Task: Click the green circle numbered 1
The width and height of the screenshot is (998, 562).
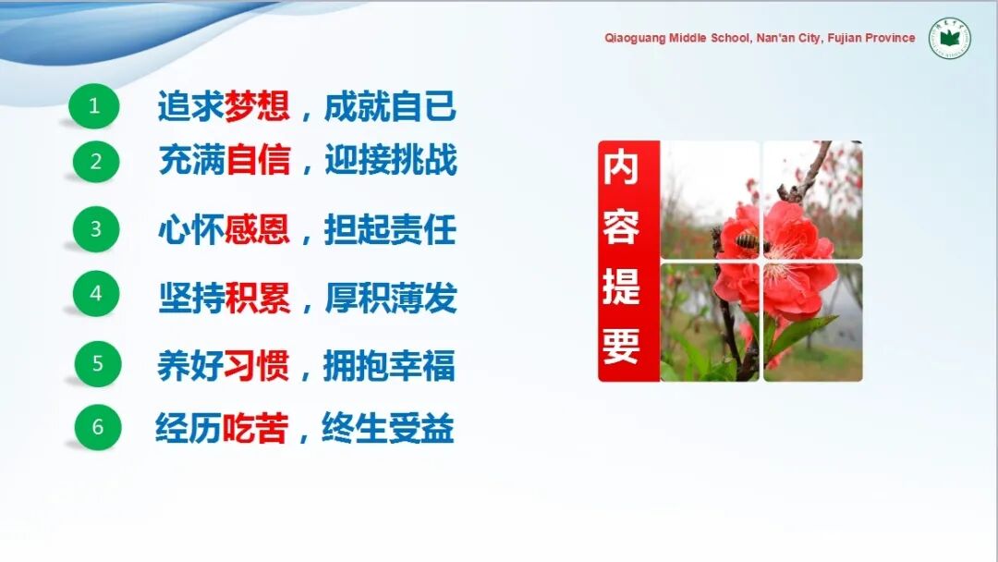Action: click(x=94, y=105)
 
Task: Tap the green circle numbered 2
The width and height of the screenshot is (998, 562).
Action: click(x=95, y=162)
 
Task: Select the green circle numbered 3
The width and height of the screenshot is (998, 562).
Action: click(x=96, y=229)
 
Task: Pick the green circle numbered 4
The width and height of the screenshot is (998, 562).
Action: click(x=96, y=293)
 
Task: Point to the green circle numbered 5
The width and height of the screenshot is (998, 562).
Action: click(x=98, y=363)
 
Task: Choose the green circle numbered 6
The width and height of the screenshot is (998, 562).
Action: click(x=98, y=427)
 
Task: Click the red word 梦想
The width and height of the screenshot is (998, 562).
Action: click(x=257, y=105)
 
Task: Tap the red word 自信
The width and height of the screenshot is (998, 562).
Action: click(x=259, y=159)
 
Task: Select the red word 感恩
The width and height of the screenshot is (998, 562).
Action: click(x=257, y=229)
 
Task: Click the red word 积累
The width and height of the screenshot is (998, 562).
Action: click(x=258, y=298)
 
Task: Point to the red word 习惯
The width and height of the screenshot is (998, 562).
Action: click(x=257, y=365)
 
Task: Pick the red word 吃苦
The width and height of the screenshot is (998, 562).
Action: click(x=255, y=428)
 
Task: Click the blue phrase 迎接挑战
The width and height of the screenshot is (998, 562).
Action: click(x=391, y=159)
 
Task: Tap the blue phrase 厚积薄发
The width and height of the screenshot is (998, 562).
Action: click(x=391, y=298)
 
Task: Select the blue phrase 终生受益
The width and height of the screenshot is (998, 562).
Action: click(x=388, y=428)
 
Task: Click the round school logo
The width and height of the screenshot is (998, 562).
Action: click(x=950, y=38)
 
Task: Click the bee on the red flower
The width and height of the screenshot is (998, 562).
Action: click(x=749, y=242)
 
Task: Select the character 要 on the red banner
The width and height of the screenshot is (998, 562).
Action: click(x=621, y=346)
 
